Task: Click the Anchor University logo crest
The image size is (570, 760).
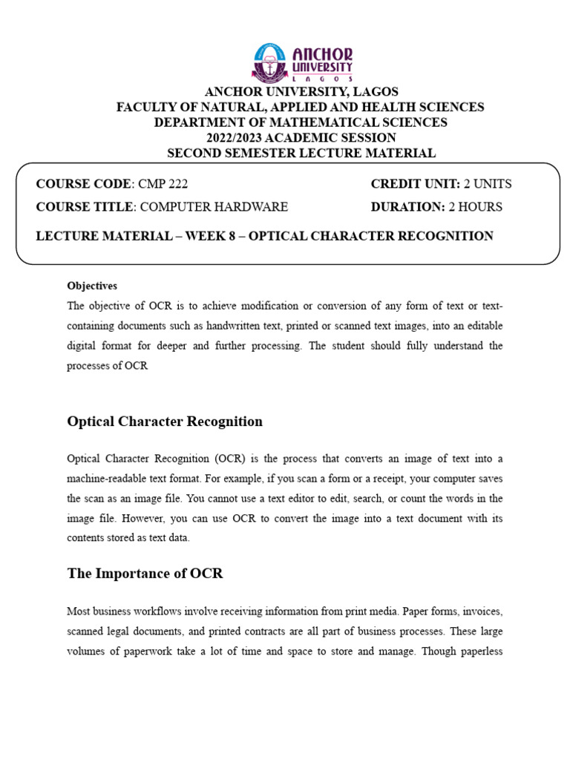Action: coord(270,62)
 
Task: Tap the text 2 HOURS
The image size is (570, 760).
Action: coord(475,207)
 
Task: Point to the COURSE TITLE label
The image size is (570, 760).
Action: coord(84,207)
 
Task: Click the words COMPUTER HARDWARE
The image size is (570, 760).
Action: coord(214,207)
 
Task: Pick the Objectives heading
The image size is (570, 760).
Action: coord(92,286)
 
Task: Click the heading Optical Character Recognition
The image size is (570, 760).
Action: coord(165,422)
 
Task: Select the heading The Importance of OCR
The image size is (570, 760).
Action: coord(145,574)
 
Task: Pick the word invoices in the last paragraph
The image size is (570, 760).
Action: coord(480,612)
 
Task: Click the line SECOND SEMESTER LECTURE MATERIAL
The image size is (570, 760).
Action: coord(301,154)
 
